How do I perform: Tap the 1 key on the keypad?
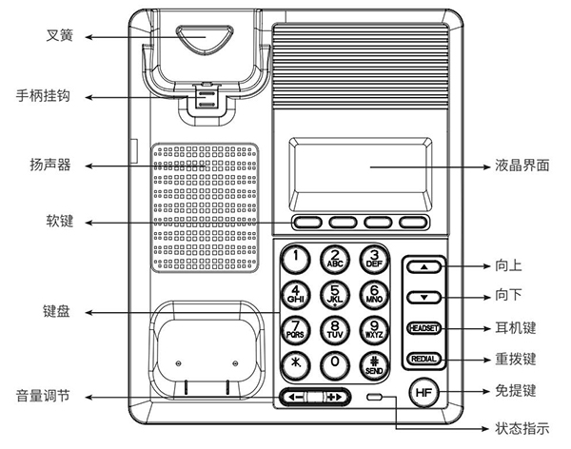click(x=298, y=256)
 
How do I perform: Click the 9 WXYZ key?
click(x=374, y=329)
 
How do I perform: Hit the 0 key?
click(x=335, y=363)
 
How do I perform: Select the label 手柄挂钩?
click(x=43, y=96)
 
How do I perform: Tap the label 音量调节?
click(x=43, y=396)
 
